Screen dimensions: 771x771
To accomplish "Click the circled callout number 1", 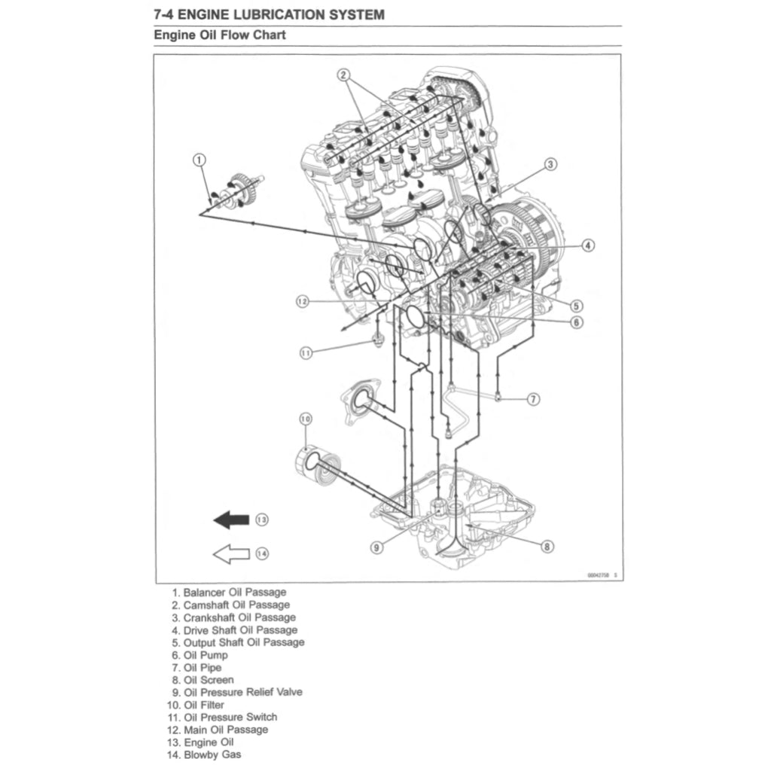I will (199, 159).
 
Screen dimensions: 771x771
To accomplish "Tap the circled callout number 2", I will (343, 75).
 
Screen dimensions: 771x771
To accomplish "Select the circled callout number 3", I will (550, 164).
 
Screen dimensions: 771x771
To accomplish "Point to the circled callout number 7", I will (532, 399).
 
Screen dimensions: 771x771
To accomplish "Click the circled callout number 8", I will (547, 547).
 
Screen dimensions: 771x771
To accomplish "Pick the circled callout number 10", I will (305, 419).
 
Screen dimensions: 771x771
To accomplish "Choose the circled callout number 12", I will (302, 301).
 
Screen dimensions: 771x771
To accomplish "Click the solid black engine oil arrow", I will (231, 520).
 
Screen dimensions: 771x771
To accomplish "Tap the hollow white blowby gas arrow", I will (231, 554).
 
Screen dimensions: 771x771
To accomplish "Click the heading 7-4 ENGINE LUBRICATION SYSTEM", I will (269, 14).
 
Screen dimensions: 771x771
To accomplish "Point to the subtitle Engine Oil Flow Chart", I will (220, 35).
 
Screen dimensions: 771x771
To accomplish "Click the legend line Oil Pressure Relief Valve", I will (242, 692).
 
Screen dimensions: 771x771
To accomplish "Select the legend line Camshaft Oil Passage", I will (236, 605).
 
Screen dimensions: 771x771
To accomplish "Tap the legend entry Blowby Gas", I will (212, 754).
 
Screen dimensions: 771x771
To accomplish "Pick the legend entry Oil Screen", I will (209, 680).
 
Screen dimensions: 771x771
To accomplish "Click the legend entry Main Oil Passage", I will (225, 730).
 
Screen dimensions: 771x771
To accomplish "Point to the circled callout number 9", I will (376, 547).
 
